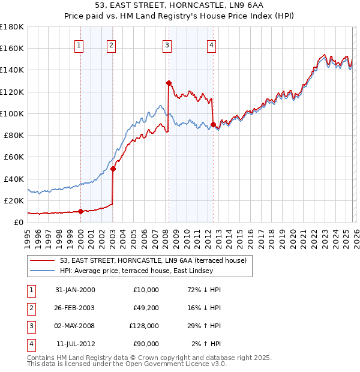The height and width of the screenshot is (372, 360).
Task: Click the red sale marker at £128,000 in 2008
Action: click(x=169, y=83)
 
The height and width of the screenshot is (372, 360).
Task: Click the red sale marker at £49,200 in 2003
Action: click(x=113, y=169)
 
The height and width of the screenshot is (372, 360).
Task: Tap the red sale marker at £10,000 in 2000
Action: click(x=80, y=211)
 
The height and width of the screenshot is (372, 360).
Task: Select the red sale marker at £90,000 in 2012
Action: click(x=213, y=124)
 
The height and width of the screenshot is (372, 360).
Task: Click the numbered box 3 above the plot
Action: click(x=166, y=44)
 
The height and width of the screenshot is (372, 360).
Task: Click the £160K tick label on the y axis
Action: click(x=11, y=48)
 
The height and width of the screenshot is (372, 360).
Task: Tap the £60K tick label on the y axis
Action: click(x=13, y=157)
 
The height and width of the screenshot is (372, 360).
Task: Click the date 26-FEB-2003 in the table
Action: click(x=74, y=308)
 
